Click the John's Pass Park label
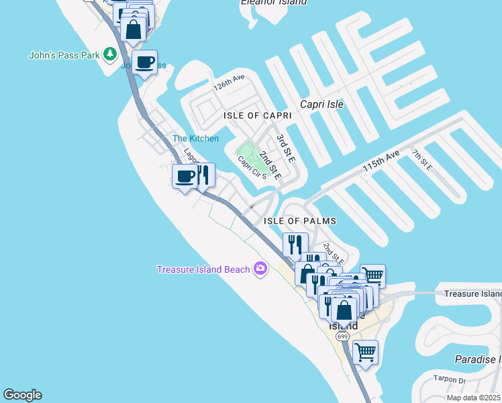tap(63, 55)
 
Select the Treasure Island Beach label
tap(203, 270)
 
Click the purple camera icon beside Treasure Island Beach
tap(260, 269)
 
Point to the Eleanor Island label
tap(273, 3)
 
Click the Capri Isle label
tap(321, 104)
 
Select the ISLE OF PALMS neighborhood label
tap(299, 221)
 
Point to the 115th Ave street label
tap(381, 163)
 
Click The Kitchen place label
tap(195, 138)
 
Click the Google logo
tap(22, 395)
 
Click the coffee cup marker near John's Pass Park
tap(145, 62)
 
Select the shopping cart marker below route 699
tap(365, 351)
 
